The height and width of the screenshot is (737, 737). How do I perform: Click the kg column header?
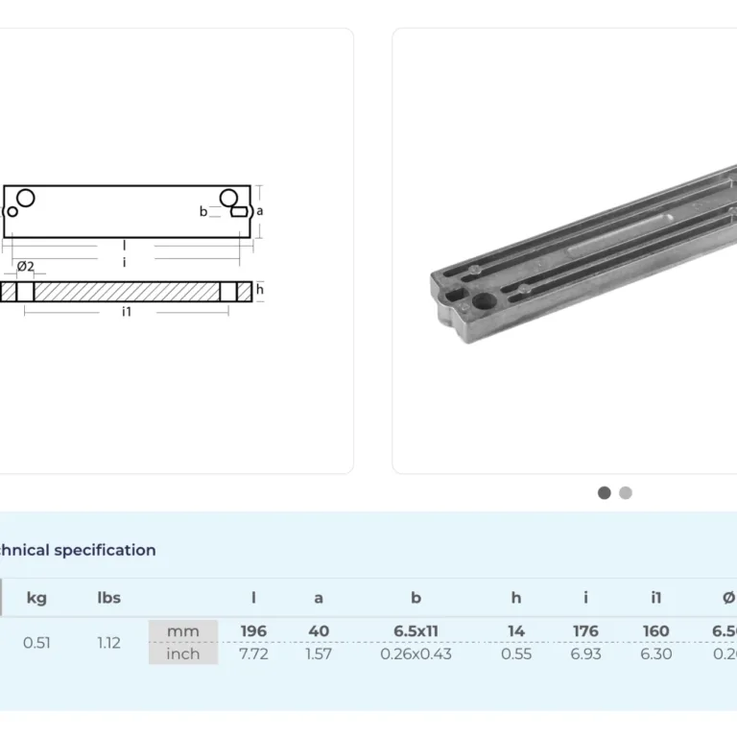click(x=36, y=598)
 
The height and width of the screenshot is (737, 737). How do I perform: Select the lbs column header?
click(x=109, y=598)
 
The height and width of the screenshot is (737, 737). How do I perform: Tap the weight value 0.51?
click(x=36, y=643)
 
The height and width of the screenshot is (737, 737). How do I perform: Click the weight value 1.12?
click(x=109, y=643)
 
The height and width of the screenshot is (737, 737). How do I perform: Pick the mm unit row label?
click(x=183, y=631)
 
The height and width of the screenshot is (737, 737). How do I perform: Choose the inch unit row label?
click(x=183, y=654)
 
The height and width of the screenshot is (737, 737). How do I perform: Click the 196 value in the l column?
click(x=253, y=631)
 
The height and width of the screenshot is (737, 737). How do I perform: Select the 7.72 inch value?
click(x=253, y=654)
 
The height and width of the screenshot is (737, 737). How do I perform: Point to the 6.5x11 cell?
click(x=416, y=631)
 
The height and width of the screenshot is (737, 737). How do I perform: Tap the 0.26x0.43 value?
click(x=416, y=654)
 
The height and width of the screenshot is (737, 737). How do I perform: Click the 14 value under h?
click(x=516, y=631)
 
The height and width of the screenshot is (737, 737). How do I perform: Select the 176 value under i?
click(x=585, y=631)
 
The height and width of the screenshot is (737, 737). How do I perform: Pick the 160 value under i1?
click(x=656, y=631)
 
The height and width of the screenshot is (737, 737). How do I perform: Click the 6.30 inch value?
click(x=656, y=654)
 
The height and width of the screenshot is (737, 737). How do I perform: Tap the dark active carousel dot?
click(x=605, y=492)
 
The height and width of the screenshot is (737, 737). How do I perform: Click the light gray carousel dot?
click(x=626, y=492)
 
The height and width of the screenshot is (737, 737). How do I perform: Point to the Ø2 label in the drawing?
click(x=26, y=266)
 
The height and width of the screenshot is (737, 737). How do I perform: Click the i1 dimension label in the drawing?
click(x=127, y=312)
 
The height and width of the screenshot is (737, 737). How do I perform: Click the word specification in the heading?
click(x=105, y=550)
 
